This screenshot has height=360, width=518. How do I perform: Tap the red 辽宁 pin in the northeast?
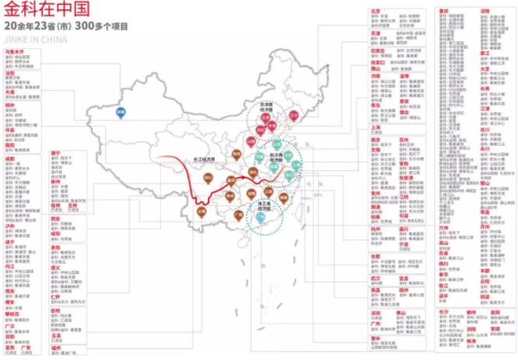293,115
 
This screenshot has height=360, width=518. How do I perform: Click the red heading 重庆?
444,11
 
